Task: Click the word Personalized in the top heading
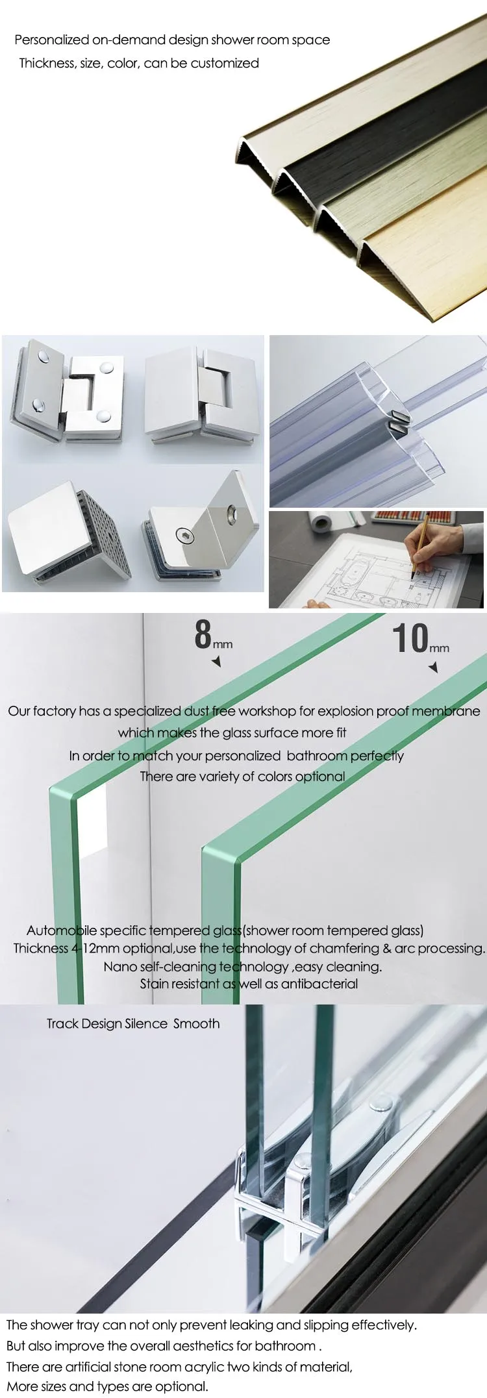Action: click(x=51, y=40)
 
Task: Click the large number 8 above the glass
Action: click(x=203, y=634)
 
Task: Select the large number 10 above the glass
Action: click(x=410, y=638)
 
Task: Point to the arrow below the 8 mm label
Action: click(x=217, y=662)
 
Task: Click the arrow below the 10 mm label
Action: click(x=434, y=667)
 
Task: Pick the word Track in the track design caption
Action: click(x=63, y=1023)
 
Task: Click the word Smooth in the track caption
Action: click(x=196, y=1023)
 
